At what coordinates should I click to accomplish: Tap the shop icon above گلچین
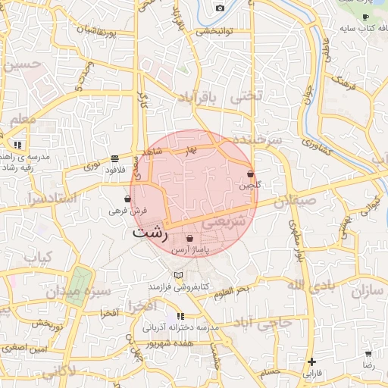(x=250, y=174)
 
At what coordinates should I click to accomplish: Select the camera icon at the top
(x=220, y=8)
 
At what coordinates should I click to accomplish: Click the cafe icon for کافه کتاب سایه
(x=365, y=17)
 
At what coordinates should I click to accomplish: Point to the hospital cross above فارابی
(x=311, y=361)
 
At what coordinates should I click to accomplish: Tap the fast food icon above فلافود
(x=114, y=158)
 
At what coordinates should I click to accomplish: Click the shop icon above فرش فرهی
(x=127, y=199)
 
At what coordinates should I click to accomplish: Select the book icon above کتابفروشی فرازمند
(x=178, y=275)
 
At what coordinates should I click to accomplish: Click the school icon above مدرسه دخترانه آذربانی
(x=180, y=315)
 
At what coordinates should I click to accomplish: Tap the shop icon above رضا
(x=368, y=353)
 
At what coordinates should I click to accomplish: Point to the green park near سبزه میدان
(x=77, y=295)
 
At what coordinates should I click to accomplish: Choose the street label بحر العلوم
(x=231, y=290)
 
